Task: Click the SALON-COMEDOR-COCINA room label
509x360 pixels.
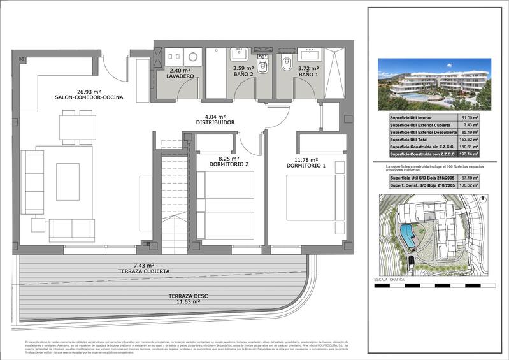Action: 89,97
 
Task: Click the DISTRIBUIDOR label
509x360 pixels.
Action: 215,122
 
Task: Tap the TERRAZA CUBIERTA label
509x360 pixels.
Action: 143,271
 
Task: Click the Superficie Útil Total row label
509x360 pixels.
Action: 413,139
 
